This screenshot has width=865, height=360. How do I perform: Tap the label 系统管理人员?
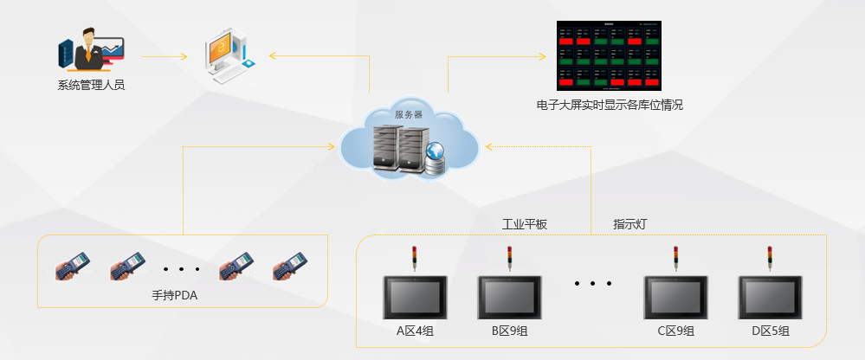(x=92, y=85)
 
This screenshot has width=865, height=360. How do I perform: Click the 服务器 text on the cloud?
(x=408, y=114)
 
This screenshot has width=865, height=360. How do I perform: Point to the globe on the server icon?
(x=436, y=153)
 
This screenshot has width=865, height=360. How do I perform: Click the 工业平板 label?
(x=525, y=224)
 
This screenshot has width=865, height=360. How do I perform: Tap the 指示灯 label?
(x=630, y=224)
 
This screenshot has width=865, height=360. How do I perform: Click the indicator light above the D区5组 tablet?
(x=770, y=258)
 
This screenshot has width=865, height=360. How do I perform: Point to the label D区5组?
(x=770, y=331)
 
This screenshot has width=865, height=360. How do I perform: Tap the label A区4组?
(x=415, y=331)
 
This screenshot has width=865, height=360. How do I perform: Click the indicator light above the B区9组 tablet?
(x=510, y=258)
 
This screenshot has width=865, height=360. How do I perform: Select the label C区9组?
(x=675, y=331)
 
